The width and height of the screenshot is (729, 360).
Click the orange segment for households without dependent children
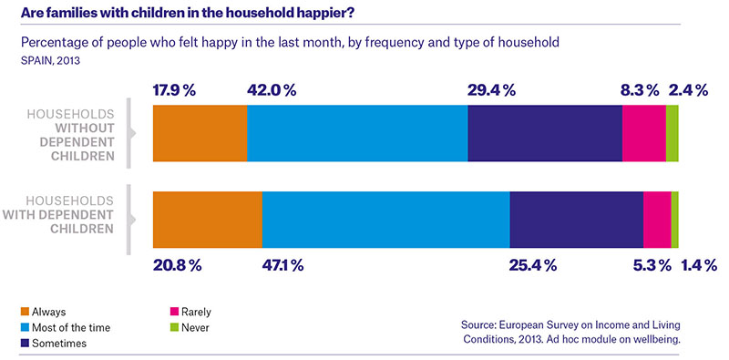(200, 133)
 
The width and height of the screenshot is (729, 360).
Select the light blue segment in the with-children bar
(385, 220)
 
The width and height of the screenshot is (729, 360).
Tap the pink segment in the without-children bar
(644, 133)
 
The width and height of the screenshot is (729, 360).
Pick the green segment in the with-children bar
(674, 220)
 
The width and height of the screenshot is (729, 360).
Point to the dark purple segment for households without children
(545, 133)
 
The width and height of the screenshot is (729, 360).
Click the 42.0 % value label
(272, 90)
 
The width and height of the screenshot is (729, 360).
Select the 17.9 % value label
(174, 90)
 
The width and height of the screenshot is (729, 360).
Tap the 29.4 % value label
(492, 90)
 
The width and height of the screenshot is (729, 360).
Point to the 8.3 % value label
(640, 90)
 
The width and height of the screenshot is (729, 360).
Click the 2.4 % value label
(689, 90)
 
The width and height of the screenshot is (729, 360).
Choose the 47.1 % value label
(282, 265)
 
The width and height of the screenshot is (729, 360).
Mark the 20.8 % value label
(177, 265)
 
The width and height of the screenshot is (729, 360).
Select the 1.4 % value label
(699, 265)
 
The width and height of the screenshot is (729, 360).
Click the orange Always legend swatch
(25, 312)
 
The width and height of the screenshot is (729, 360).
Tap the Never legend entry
(190, 328)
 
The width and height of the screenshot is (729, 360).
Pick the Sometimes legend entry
(54, 344)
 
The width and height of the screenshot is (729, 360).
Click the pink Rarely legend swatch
(174, 312)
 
